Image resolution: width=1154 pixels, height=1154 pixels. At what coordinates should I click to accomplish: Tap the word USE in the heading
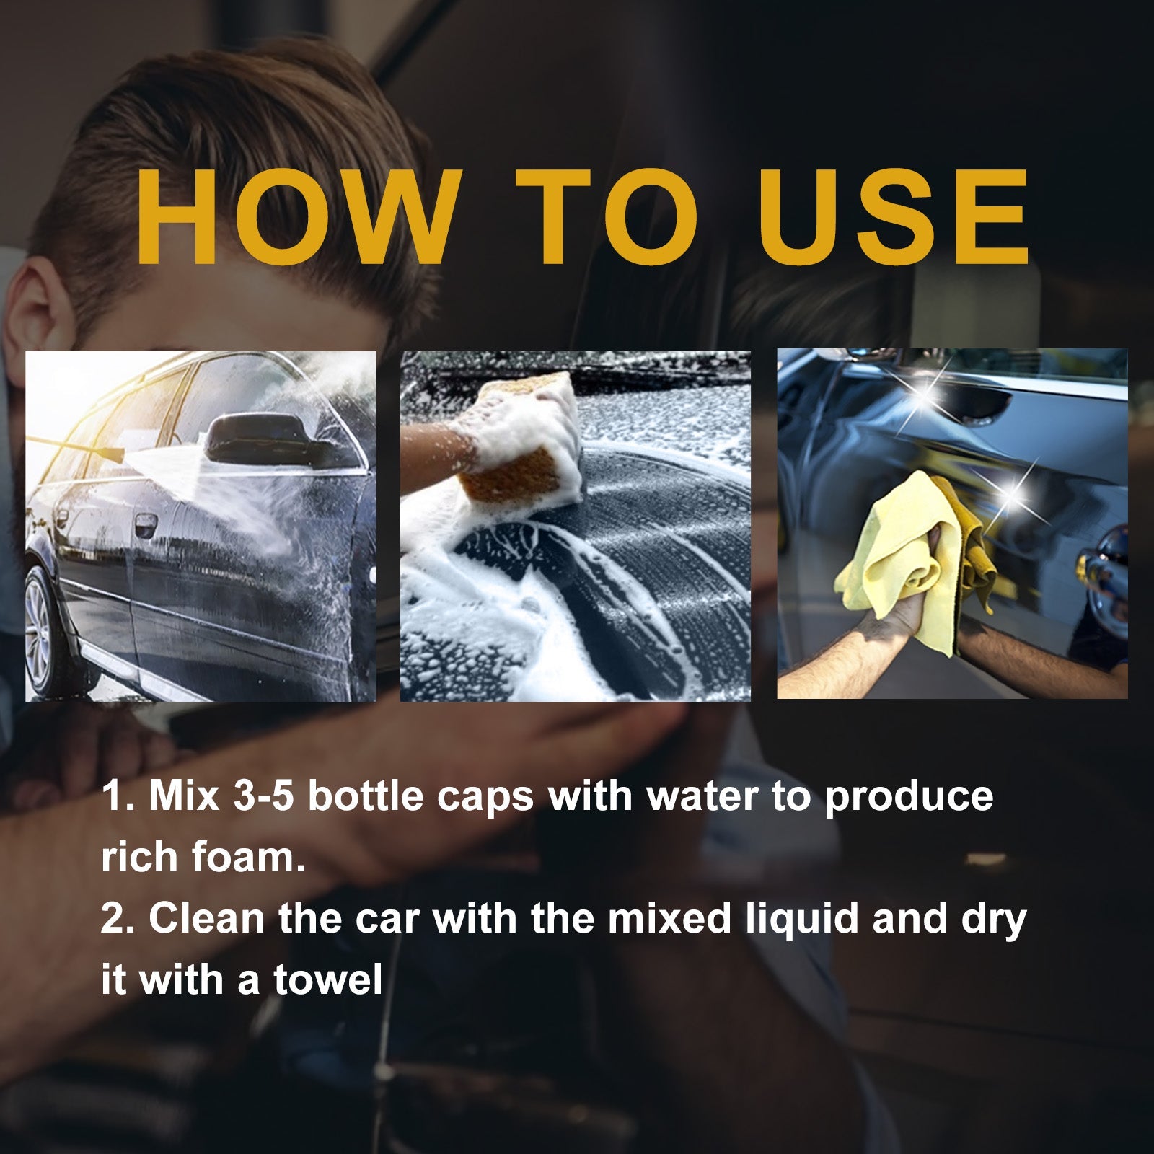(894, 216)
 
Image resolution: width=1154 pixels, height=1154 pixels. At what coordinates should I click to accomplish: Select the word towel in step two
(327, 979)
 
